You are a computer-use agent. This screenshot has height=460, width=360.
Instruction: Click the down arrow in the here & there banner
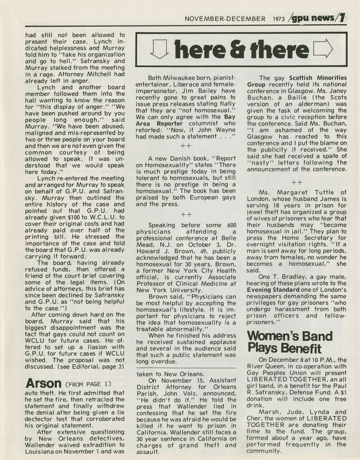tap(159, 49)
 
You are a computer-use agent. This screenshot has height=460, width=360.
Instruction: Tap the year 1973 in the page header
tap(279, 19)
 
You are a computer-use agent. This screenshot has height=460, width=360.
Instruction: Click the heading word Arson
tap(43, 383)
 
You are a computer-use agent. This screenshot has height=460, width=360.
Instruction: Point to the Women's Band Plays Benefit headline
tap(290, 342)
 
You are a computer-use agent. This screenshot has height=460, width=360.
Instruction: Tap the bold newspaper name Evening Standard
tap(273, 290)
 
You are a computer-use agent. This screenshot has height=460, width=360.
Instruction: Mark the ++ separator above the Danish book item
tap(186, 146)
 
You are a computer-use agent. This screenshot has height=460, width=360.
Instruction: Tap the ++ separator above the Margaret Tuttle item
tap(297, 182)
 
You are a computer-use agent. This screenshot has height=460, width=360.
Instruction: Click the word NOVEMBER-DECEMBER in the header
tap(225, 19)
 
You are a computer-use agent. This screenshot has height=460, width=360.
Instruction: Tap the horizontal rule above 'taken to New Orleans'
tap(186, 368)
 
